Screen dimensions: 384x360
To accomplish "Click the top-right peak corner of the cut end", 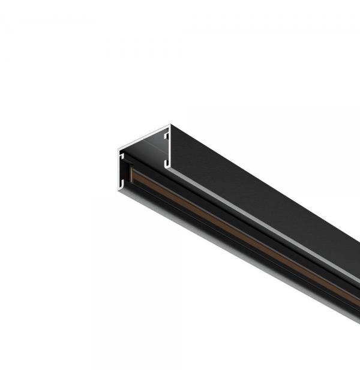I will (170, 125).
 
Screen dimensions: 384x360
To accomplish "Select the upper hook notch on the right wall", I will (166, 137).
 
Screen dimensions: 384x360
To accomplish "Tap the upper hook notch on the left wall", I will (122, 157).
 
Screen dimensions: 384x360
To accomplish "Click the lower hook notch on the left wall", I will (122, 179).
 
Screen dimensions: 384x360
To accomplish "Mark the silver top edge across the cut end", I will (144, 136).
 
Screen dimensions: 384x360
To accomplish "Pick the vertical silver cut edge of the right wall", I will (169, 147).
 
